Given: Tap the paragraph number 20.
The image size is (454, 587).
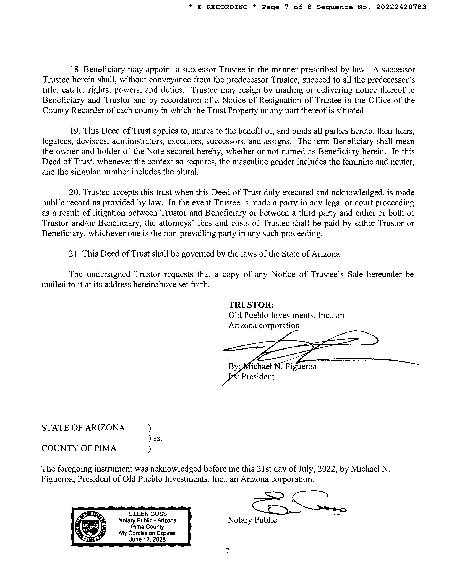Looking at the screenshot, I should click(74, 193).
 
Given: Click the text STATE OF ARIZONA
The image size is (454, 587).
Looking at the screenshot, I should click(83, 428).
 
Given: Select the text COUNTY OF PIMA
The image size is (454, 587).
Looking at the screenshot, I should click(79, 448).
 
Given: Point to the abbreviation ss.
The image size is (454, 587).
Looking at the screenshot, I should click(158, 438).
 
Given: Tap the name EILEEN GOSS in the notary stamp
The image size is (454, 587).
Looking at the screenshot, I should click(147, 514).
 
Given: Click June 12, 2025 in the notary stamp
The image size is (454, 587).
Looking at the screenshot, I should click(147, 540).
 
